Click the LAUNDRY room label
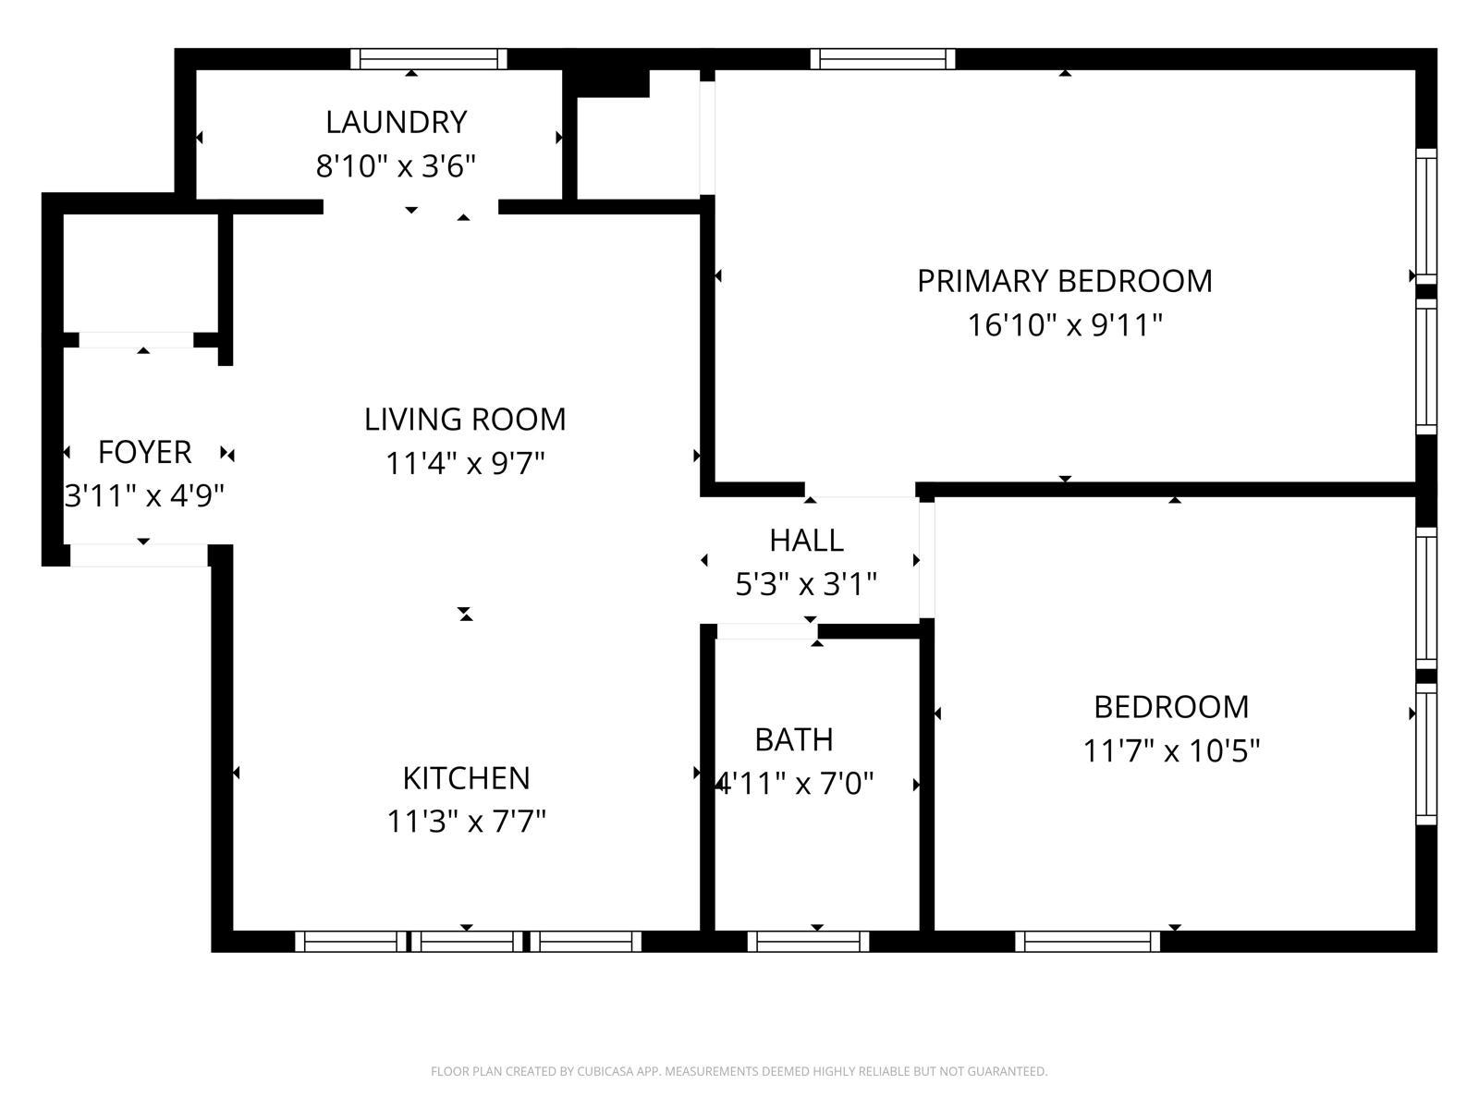click(x=396, y=122)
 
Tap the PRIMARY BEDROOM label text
click(x=1064, y=281)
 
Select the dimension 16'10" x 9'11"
click(x=1064, y=325)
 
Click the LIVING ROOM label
click(x=465, y=420)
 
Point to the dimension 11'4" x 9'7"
click(x=465, y=463)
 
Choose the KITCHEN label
click(x=466, y=778)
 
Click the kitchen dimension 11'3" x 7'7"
click(x=466, y=822)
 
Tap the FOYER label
click(x=144, y=453)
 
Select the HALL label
click(x=806, y=541)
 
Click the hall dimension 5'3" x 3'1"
click(x=806, y=585)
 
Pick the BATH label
click(x=794, y=740)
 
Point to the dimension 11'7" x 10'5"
click(x=1171, y=750)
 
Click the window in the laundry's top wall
click(x=429, y=59)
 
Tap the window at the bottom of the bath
click(x=808, y=942)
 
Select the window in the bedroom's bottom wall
click(x=1088, y=942)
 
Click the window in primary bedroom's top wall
click(x=883, y=59)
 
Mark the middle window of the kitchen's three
click(x=467, y=942)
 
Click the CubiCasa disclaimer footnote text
click(x=739, y=1072)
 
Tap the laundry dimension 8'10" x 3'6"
click(x=396, y=166)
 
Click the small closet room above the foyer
click(x=140, y=273)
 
